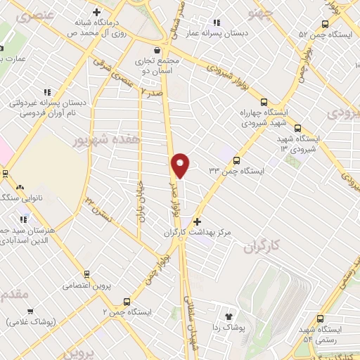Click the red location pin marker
point(181,165)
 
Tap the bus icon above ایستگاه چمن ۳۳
point(236,160)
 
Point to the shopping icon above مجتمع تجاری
point(156,51)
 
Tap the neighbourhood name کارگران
point(262,246)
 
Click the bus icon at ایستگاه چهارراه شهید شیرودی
point(264,102)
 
